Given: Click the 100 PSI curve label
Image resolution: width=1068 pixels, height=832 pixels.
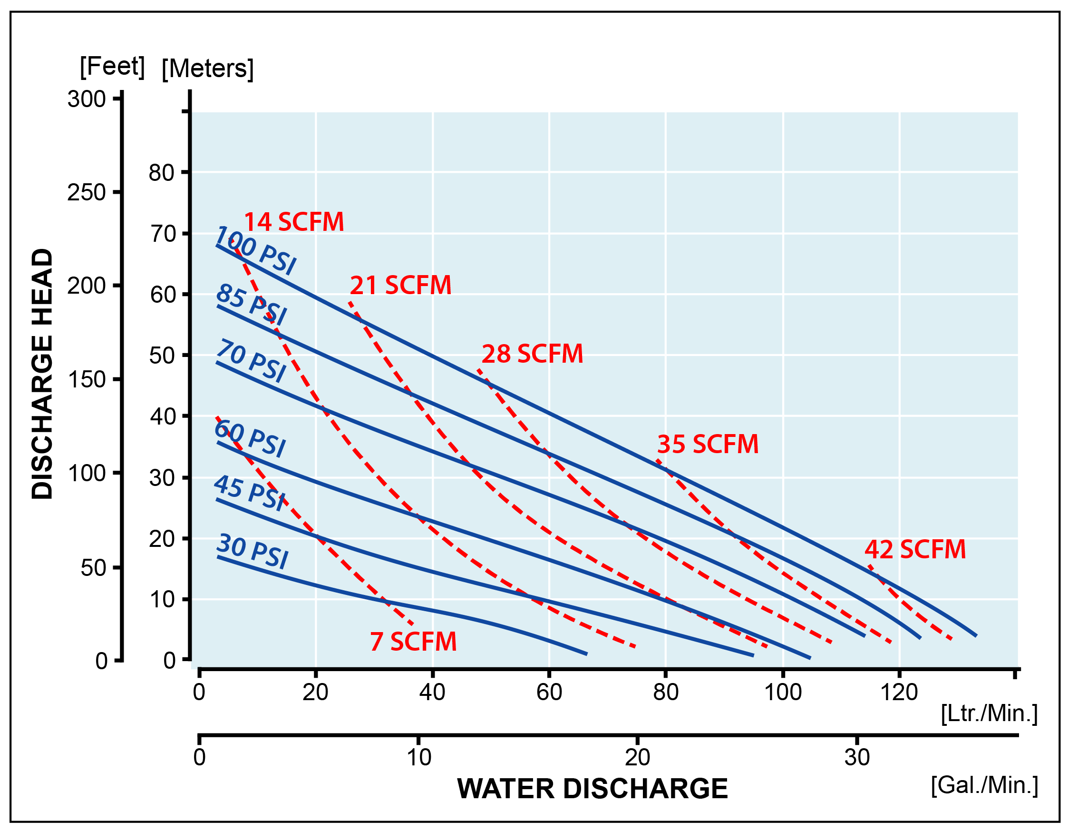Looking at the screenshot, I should click(255, 250).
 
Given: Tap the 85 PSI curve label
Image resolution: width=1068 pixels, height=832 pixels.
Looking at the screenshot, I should click(252, 305).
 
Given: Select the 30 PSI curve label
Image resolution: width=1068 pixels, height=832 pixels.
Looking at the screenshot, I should click(252, 551).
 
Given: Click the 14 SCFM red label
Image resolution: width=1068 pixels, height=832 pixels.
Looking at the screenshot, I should click(294, 222).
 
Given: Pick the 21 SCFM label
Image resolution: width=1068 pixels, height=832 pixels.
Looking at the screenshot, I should click(400, 285).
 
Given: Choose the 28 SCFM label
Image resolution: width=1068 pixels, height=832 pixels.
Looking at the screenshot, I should click(532, 353).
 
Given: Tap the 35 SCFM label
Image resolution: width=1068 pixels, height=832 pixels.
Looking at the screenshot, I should click(708, 444).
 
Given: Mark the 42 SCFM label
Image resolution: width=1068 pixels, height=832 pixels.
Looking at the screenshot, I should click(915, 549).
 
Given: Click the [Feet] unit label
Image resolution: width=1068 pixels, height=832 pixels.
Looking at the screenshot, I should click(113, 66).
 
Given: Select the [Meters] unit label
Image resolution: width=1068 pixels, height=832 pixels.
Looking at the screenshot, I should click(208, 69).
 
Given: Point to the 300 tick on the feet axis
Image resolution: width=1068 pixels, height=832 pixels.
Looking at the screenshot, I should click(87, 99).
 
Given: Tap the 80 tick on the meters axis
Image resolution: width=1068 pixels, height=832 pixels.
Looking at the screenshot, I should click(161, 173).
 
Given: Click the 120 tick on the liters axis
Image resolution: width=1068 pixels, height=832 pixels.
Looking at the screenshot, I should click(899, 692).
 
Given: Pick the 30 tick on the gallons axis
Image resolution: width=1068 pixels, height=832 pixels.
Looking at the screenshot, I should click(857, 757).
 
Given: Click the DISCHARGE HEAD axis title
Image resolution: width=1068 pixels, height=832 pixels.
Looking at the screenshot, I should click(42, 374).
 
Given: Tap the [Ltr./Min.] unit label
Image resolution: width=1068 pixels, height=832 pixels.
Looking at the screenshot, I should click(989, 713).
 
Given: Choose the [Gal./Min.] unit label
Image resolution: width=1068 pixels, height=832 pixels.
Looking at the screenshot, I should click(984, 784).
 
